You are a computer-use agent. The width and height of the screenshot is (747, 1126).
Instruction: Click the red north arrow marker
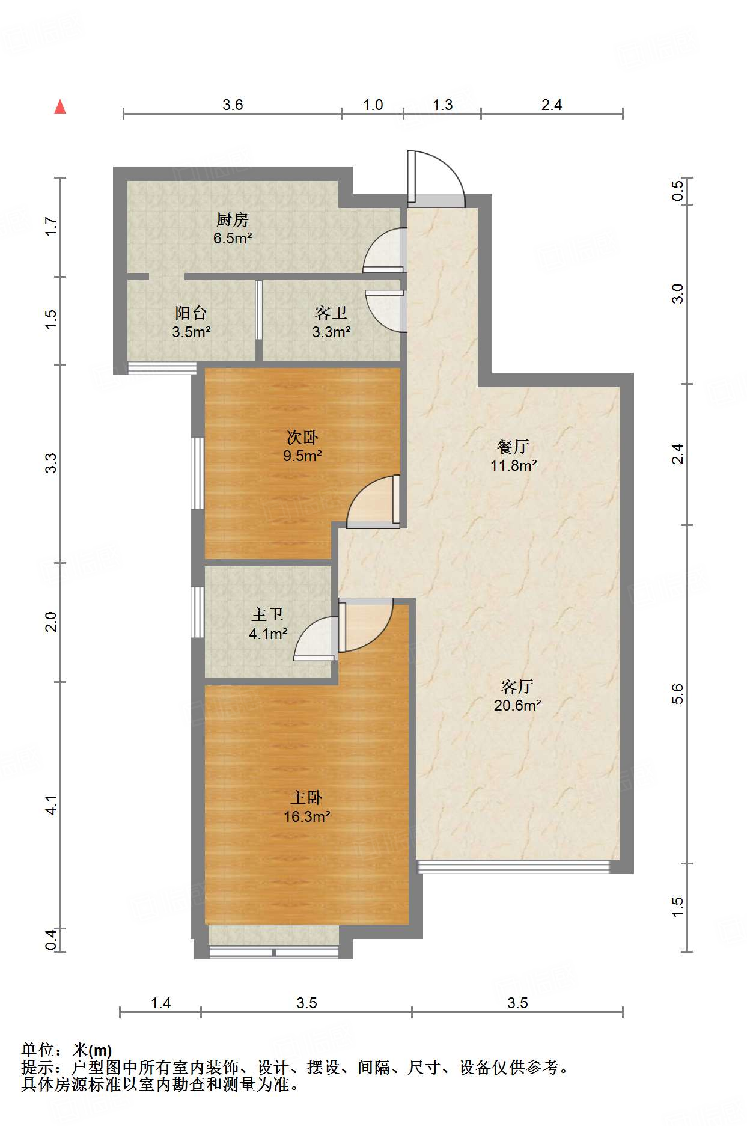(60, 107)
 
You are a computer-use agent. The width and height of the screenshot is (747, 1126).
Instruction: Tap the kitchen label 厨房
(232, 219)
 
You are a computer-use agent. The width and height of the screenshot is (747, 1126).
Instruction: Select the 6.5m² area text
(232, 238)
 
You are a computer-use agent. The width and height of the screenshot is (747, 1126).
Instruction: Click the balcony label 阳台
(191, 313)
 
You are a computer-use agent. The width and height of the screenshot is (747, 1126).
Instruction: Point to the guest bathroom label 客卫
(331, 313)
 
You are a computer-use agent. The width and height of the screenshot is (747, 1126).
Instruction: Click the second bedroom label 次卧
(302, 437)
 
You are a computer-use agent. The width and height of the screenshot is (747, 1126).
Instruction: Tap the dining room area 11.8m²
(513, 465)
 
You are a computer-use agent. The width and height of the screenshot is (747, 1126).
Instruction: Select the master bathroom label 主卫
(267, 614)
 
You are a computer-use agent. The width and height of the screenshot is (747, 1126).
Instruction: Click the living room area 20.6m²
(517, 705)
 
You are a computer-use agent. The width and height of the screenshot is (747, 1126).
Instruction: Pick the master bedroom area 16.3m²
(306, 816)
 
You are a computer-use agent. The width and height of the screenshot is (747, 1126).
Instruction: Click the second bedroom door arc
(370, 503)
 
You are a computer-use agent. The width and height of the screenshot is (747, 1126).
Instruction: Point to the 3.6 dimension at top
(233, 105)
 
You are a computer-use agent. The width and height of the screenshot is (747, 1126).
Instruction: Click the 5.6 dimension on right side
(677, 694)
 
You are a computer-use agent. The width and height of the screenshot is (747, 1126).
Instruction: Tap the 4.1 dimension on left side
(52, 805)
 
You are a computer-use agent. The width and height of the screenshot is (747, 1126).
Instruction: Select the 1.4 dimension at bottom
(160, 1003)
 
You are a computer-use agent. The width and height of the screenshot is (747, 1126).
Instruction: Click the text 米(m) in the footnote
(92, 1050)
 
